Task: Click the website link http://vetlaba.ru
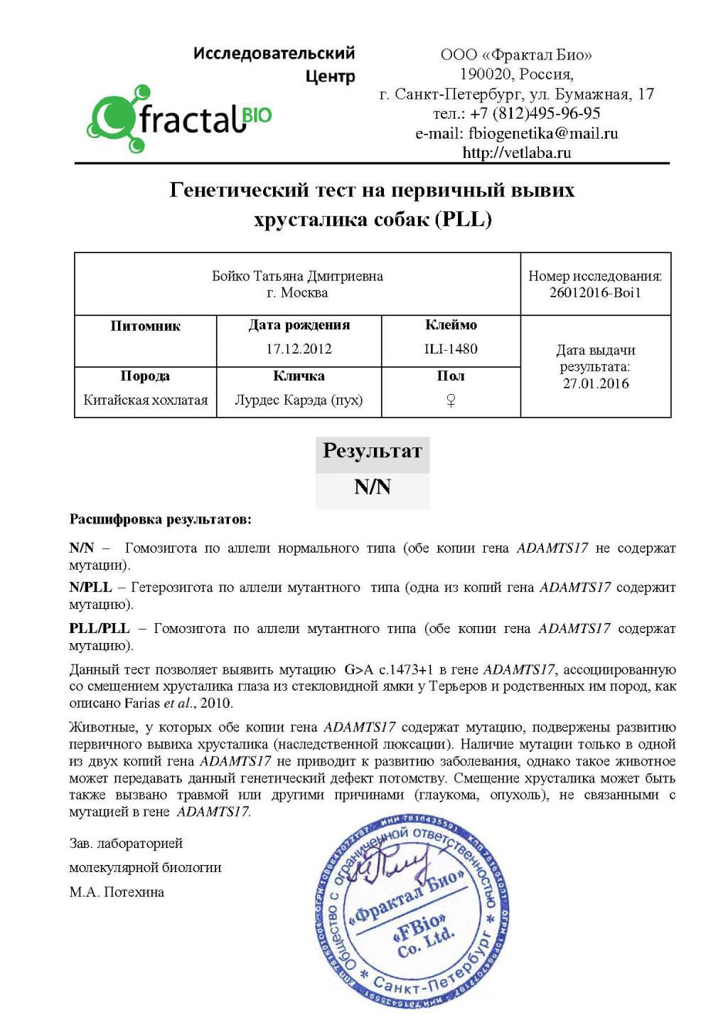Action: point(517,152)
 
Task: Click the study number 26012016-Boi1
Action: point(595,292)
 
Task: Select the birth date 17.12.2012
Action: point(299,349)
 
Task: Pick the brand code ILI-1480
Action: point(451,349)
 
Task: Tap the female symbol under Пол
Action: point(451,400)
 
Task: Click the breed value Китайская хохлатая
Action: point(146,400)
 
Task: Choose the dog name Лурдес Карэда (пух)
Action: point(299,400)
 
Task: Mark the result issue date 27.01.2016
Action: point(596,383)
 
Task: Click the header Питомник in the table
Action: point(146,326)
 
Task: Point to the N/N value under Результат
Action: point(373,487)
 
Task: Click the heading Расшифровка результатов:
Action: point(160,519)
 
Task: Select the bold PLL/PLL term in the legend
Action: point(100,628)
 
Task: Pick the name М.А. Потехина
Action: point(117,892)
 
